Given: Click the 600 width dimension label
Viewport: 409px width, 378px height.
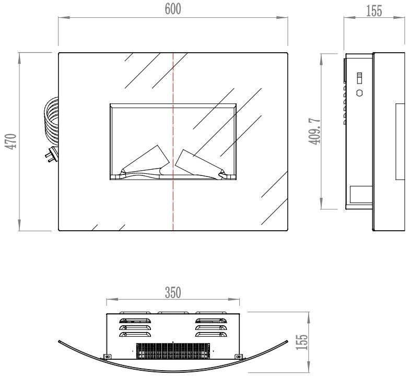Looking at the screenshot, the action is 173,9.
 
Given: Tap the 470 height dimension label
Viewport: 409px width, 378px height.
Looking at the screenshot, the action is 11,141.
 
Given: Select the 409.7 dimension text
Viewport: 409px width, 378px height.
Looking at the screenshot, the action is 314,131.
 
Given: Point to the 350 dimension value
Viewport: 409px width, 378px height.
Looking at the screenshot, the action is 173,292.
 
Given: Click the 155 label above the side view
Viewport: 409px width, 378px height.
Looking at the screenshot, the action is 374,11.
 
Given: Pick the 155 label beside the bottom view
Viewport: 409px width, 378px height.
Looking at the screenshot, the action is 302,342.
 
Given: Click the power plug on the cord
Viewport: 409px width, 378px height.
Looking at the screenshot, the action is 52,155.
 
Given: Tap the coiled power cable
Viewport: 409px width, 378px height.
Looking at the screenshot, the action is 51,121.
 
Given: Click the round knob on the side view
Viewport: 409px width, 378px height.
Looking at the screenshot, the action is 359,93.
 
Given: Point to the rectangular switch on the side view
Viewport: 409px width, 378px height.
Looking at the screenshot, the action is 359,78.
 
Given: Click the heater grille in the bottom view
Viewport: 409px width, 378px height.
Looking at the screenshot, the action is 173,351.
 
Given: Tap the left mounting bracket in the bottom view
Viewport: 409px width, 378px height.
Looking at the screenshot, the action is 107,357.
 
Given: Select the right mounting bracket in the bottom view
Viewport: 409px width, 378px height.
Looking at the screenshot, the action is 238,357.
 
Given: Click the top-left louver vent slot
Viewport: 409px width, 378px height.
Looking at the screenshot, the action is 135,321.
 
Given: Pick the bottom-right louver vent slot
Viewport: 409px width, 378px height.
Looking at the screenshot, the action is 211,334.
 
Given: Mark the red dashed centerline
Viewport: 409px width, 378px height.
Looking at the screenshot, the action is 173,141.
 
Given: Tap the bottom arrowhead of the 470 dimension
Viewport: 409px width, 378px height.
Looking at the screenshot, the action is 19,225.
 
